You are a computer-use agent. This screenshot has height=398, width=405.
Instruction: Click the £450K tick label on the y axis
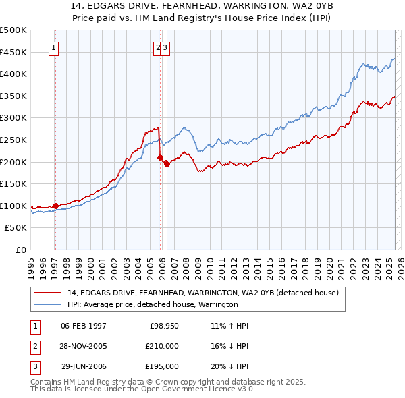[13, 52]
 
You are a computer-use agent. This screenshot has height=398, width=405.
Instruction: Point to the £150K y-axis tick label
[13, 183]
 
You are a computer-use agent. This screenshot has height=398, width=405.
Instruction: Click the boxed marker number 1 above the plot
[53, 47]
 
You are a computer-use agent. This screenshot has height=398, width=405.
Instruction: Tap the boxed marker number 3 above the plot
[165, 47]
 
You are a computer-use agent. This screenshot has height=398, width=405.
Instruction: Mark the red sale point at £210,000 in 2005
[161, 157]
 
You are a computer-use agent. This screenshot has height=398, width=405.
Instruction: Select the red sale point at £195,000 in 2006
[167, 164]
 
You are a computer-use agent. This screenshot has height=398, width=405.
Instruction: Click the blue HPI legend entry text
[153, 304]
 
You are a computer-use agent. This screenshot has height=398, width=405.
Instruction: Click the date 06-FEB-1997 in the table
[84, 326]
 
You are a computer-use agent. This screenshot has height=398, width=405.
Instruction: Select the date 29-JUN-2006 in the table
[84, 366]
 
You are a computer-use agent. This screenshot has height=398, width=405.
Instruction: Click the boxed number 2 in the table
[34, 346]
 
